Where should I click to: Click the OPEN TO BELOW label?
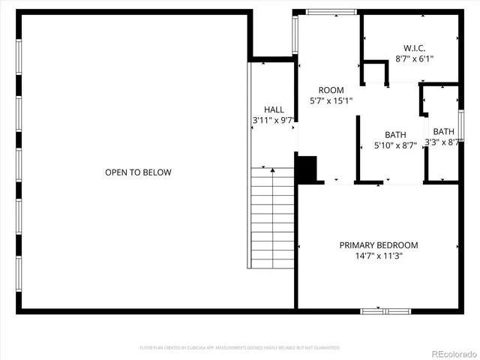tap(138, 172)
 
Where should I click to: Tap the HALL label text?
tap(274, 109)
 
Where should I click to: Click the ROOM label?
tap(331, 90)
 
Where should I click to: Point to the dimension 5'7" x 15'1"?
tap(331, 100)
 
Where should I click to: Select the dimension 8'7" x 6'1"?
tap(414, 58)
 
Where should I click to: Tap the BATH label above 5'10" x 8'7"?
tap(395, 135)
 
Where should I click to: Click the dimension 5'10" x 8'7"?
tap(395, 146)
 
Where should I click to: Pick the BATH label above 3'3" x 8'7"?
tap(443, 131)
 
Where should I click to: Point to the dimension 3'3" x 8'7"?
tap(442, 142)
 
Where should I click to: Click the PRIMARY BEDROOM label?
tap(379, 245)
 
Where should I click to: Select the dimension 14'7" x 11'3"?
tap(379, 256)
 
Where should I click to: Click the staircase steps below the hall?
tap(272, 217)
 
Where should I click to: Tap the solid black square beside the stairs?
tap(307, 169)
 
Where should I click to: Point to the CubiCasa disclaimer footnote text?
tap(240, 348)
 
